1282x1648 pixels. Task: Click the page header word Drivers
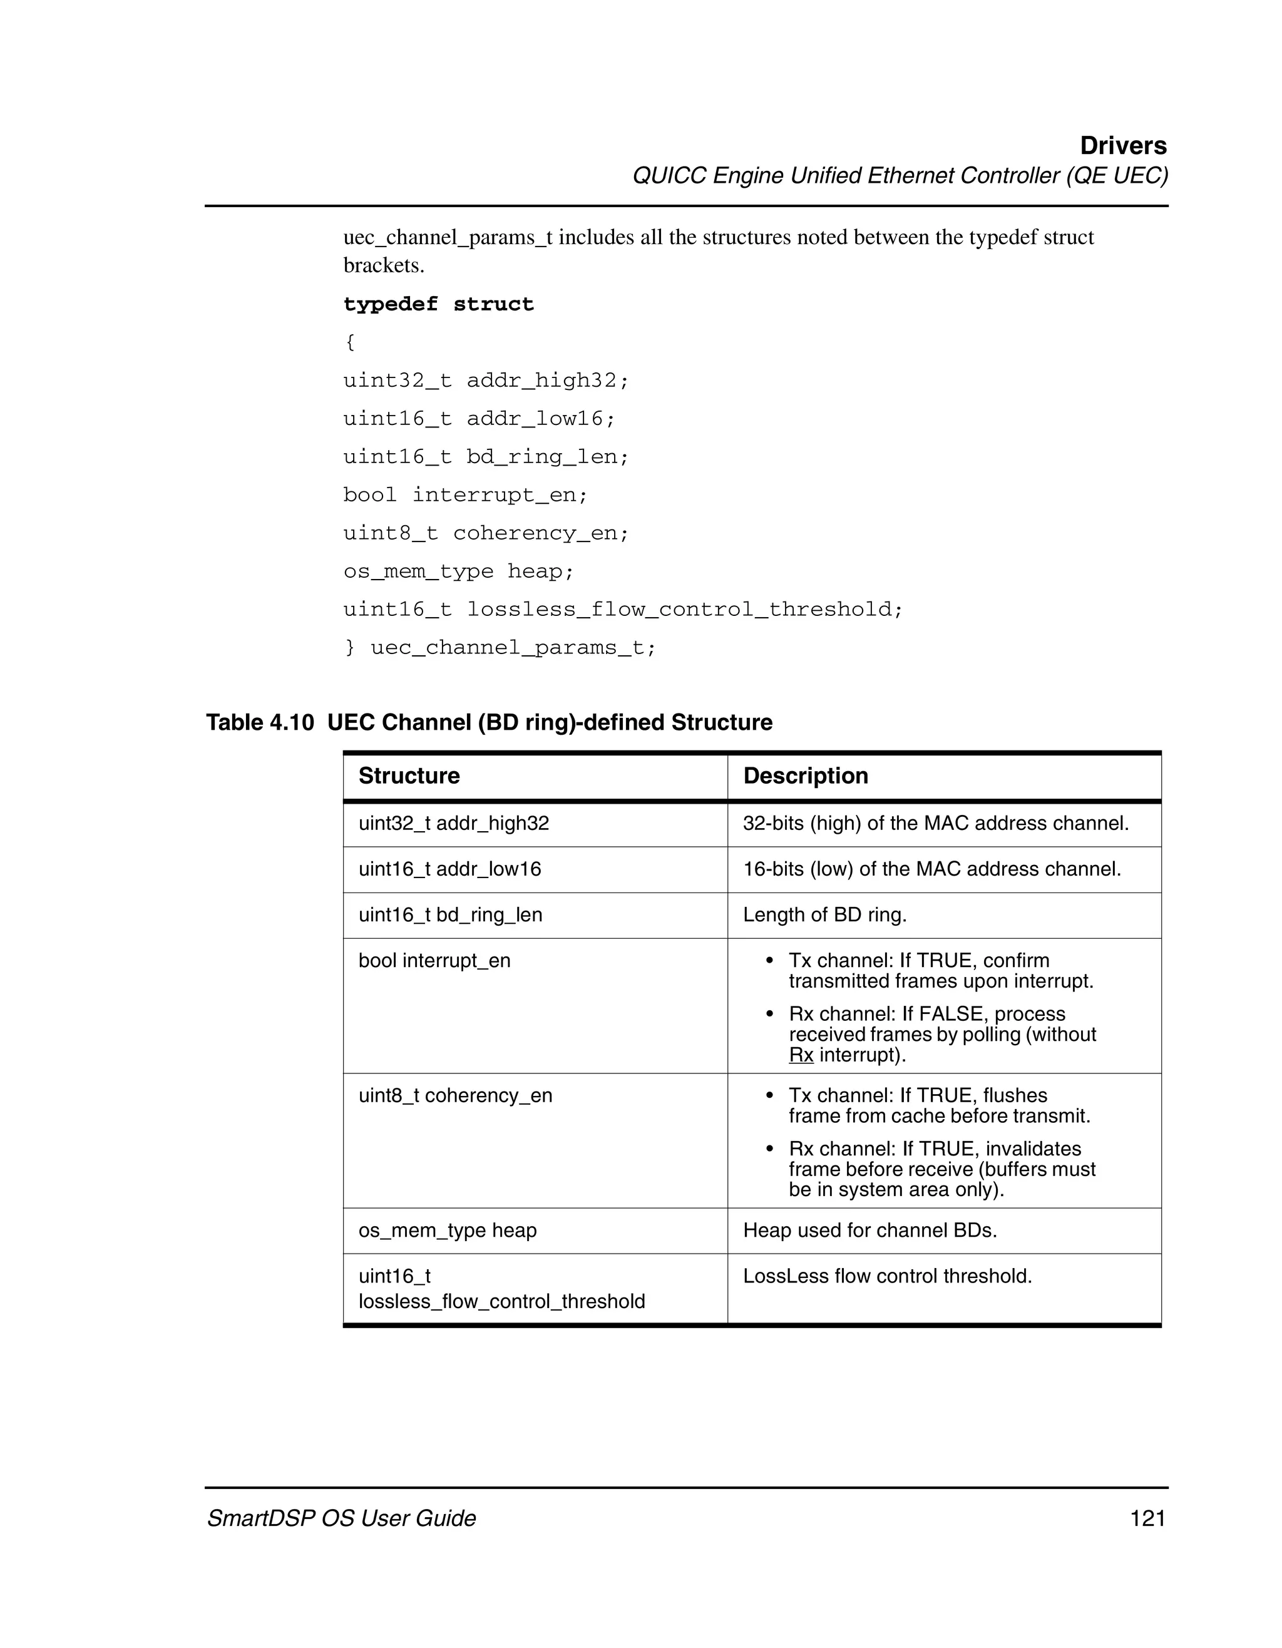click(x=1123, y=146)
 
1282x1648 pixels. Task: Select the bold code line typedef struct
click(x=438, y=304)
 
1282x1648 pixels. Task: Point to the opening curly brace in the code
click(x=349, y=342)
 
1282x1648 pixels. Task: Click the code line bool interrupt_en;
click(x=465, y=495)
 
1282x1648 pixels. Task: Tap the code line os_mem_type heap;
click(x=458, y=571)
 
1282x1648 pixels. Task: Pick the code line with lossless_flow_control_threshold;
click(x=622, y=609)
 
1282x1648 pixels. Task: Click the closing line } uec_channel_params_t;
click(x=500, y=647)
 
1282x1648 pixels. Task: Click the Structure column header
click(x=409, y=775)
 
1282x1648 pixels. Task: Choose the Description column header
click(x=805, y=775)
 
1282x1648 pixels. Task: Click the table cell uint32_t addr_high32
click(x=453, y=823)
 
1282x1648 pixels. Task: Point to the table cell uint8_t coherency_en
click(x=455, y=1096)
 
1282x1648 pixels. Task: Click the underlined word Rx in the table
click(x=801, y=1055)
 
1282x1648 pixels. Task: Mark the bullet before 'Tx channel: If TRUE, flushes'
click(x=770, y=1096)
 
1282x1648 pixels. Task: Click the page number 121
click(x=1147, y=1518)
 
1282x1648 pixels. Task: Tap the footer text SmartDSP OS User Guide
click(x=341, y=1518)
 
